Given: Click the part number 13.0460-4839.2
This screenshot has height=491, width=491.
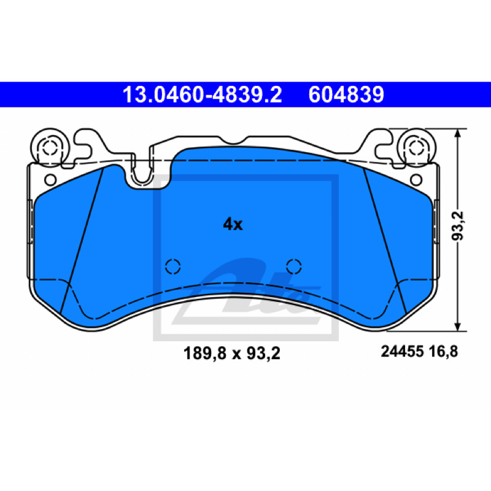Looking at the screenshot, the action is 202,95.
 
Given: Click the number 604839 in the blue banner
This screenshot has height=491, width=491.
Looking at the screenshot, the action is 346,95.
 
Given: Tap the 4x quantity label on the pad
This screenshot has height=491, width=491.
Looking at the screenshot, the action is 233,225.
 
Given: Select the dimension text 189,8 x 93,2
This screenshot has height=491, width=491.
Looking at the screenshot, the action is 232,354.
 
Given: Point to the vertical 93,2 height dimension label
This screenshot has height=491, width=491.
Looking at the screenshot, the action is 457,226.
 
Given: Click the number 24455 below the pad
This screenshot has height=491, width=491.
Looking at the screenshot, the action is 403,351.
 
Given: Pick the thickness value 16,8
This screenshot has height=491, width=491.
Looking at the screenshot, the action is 443,351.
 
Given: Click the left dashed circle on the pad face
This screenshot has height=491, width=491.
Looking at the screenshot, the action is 173,266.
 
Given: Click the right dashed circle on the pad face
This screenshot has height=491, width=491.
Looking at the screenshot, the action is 294,266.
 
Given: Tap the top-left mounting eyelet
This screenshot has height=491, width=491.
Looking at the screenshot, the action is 50,147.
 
